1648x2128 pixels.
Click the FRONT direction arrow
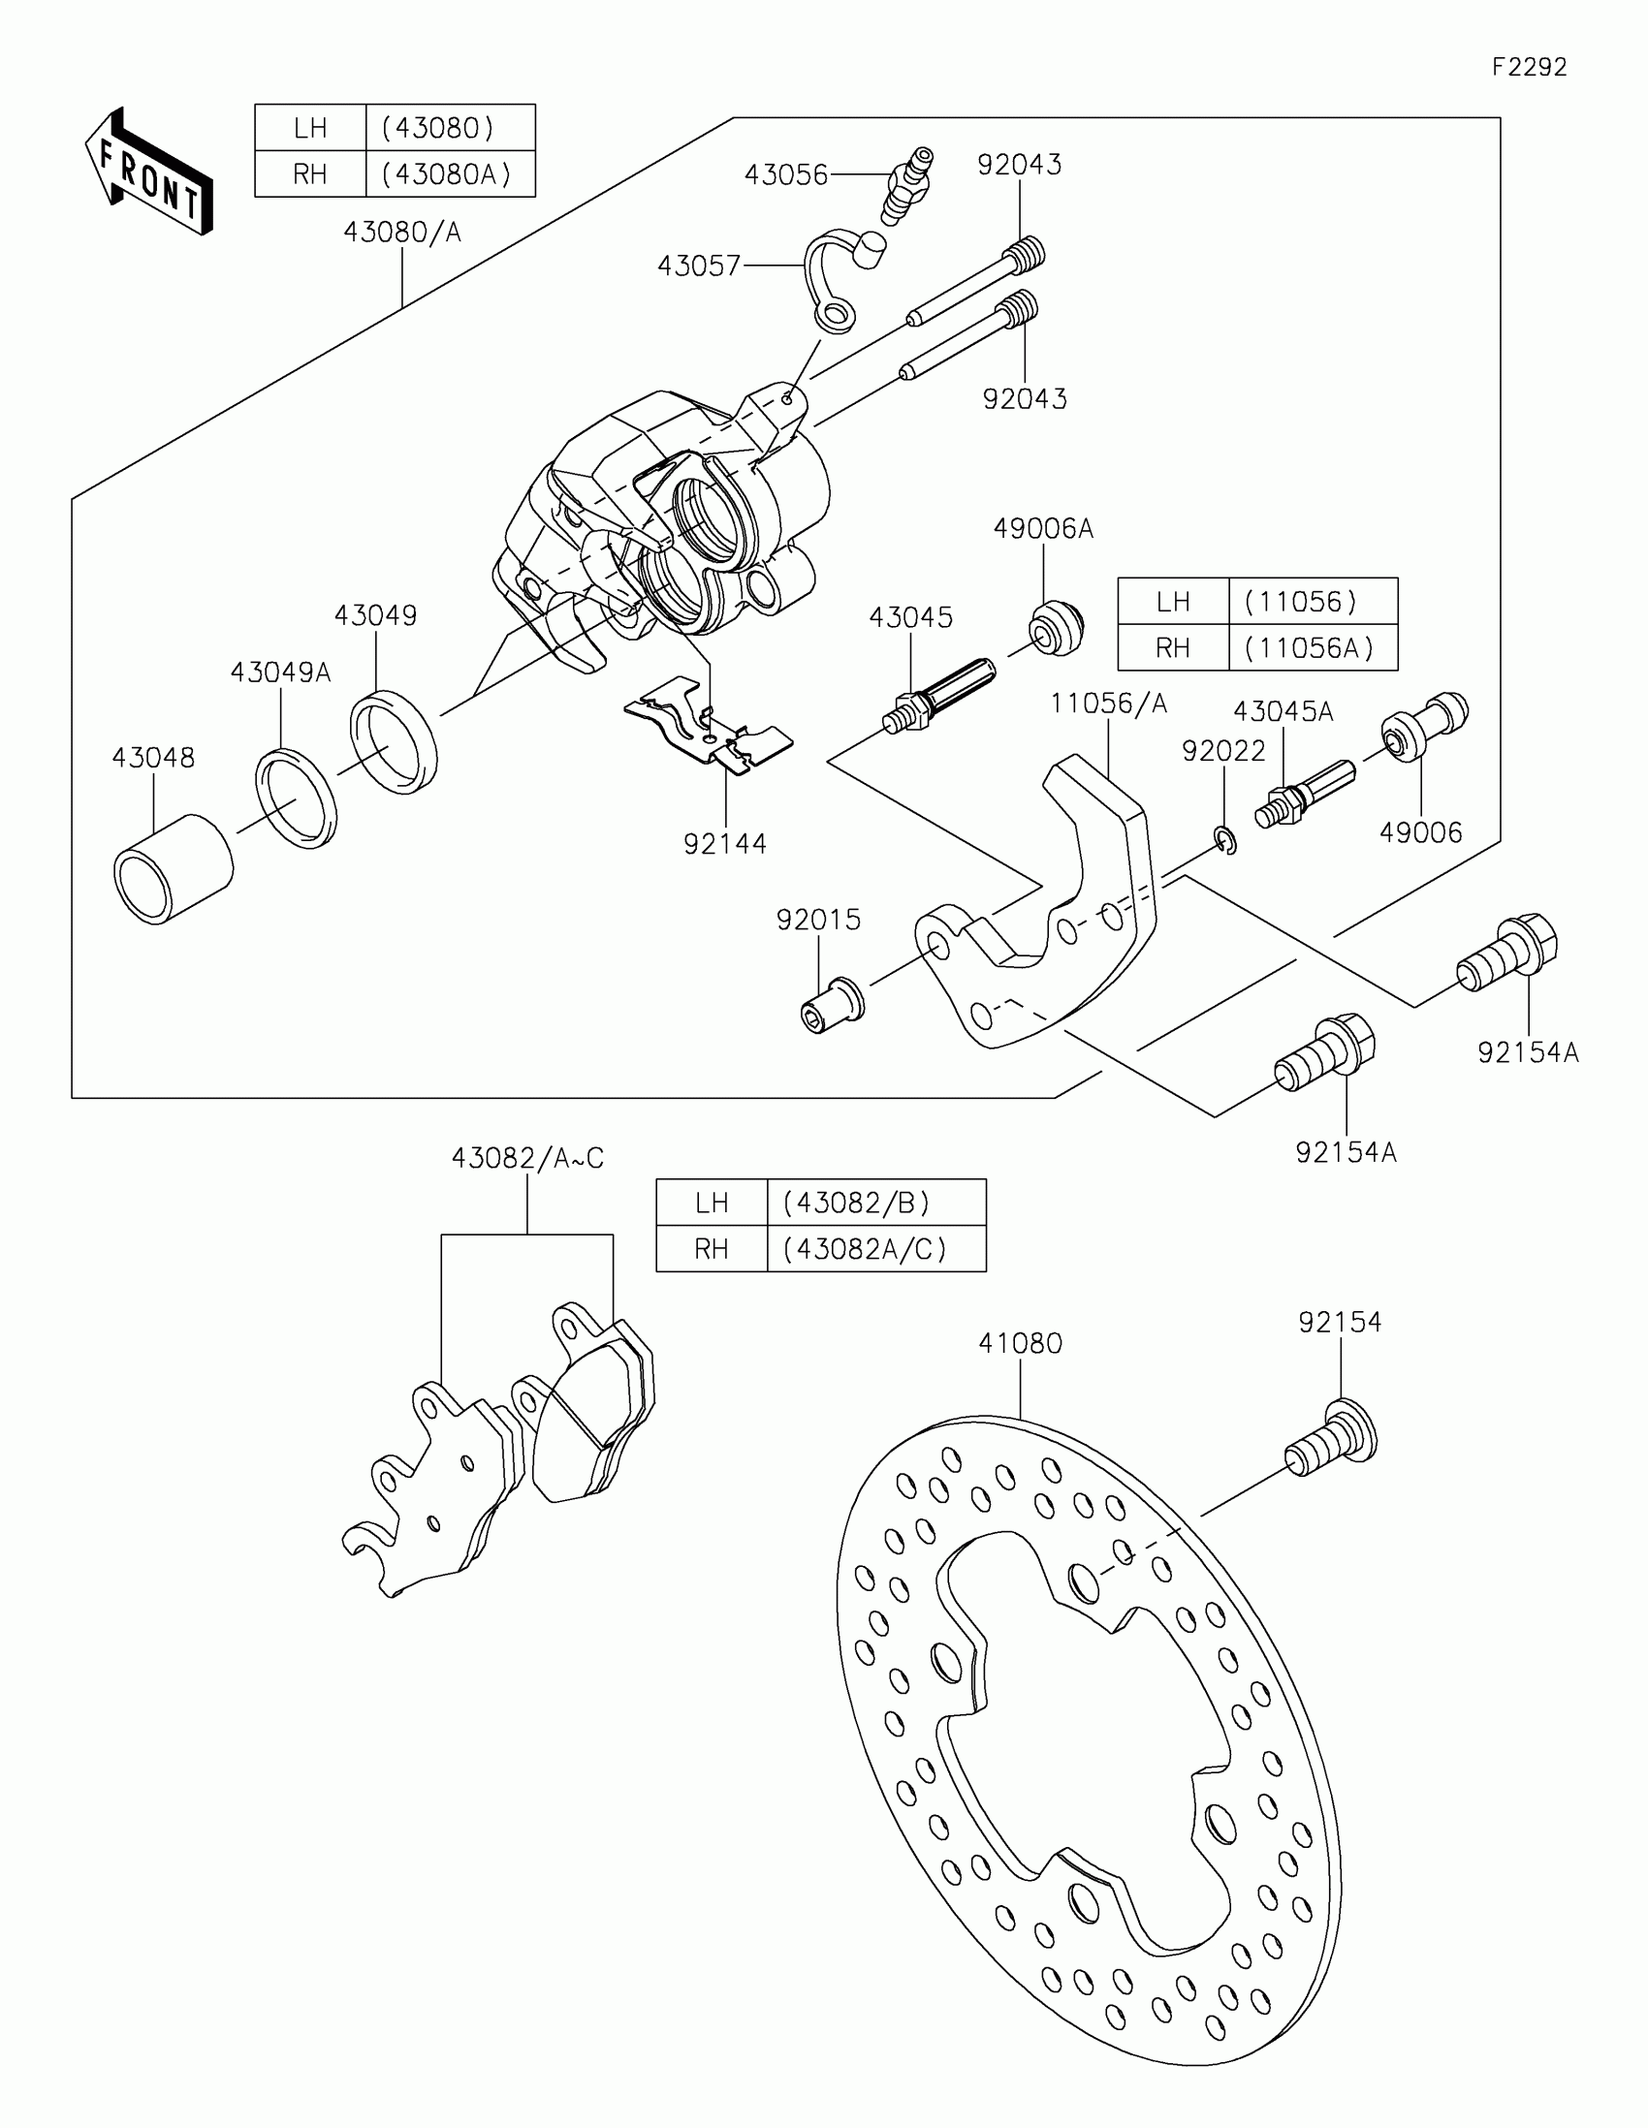click(149, 172)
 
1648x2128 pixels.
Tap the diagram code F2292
click(1528, 67)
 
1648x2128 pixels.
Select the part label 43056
click(785, 175)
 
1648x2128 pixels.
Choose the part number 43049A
click(280, 673)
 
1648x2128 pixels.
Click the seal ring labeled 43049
click(394, 740)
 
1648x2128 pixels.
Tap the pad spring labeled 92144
click(710, 727)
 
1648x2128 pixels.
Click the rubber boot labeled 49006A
click(1057, 629)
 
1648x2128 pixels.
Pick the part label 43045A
click(1283, 711)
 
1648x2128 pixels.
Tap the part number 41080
click(1020, 1343)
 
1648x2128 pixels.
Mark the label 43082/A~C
click(527, 1158)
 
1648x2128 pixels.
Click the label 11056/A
click(1108, 704)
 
